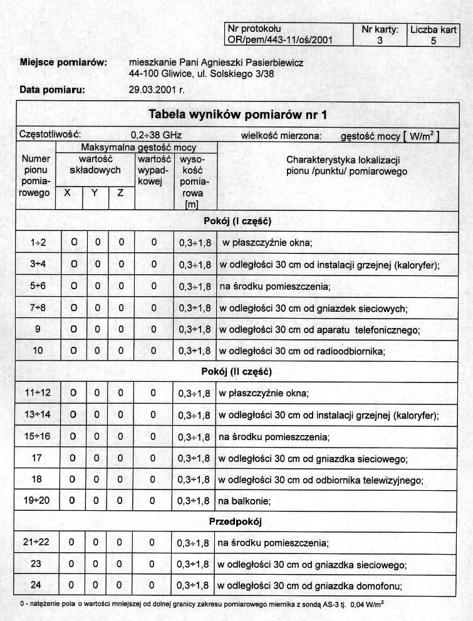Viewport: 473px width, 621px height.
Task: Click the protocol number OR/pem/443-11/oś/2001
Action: [x=280, y=40]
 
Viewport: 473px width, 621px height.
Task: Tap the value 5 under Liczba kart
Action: [x=434, y=41]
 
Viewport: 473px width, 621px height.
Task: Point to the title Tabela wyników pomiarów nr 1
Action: [x=237, y=115]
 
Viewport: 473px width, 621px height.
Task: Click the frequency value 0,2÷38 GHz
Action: [x=157, y=135]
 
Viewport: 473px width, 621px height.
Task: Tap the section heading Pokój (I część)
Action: [x=237, y=220]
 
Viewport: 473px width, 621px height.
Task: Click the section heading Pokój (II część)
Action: [x=236, y=371]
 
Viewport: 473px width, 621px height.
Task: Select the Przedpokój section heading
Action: [x=236, y=521]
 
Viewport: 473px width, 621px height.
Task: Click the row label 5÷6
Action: [x=37, y=286]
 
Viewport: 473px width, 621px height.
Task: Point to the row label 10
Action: [x=38, y=351]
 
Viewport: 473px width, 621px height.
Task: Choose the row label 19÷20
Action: [x=37, y=501]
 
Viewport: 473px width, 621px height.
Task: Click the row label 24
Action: [x=36, y=585]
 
